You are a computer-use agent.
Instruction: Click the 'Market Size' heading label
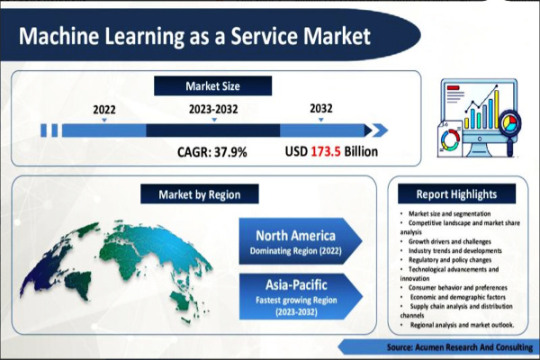pos(212,86)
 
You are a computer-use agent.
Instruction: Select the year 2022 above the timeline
pos(105,110)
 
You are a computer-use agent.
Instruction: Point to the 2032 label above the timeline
pos(321,110)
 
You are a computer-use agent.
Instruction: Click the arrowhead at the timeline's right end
pos(369,130)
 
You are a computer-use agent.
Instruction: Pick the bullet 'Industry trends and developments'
pos(447,249)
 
